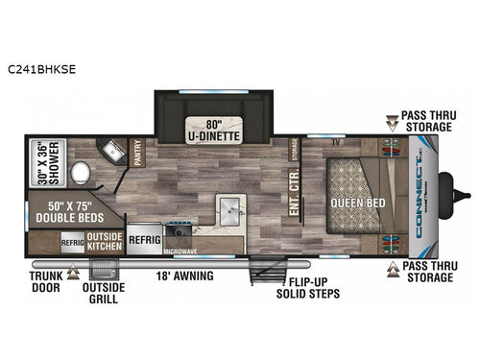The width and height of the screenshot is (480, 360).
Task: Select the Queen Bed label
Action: tap(360, 203)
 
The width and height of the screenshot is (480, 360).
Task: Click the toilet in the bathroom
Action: tap(82, 175)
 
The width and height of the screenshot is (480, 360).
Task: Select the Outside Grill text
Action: tap(103, 293)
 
